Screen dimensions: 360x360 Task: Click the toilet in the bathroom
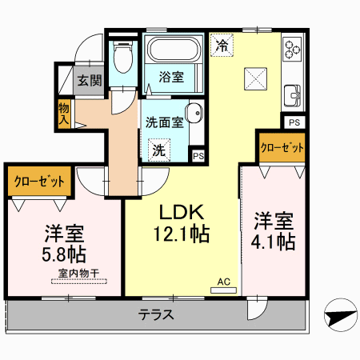(x=123, y=57)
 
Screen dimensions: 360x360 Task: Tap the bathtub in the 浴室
(x=174, y=49)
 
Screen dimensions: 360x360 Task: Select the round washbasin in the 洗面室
(x=194, y=113)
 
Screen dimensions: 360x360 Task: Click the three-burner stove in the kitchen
(x=292, y=50)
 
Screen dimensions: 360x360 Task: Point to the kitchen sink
(x=292, y=96)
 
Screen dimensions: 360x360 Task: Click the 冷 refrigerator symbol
(x=222, y=45)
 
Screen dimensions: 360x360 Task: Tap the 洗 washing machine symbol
(x=159, y=150)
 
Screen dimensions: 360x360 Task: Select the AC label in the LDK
(x=224, y=282)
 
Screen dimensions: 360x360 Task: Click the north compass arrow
(x=341, y=314)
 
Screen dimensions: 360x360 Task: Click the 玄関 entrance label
(x=90, y=80)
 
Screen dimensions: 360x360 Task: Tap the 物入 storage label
(x=64, y=114)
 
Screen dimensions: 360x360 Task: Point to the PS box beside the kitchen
(x=294, y=122)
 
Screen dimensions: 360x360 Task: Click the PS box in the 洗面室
(x=198, y=156)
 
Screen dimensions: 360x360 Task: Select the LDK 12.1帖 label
(x=182, y=223)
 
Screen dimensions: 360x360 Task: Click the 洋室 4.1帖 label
(x=274, y=231)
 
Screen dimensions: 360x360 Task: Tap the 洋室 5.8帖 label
(x=64, y=244)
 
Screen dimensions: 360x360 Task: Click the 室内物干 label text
(x=79, y=273)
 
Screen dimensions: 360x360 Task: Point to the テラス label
(x=156, y=314)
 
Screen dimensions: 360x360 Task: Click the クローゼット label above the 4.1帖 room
(x=282, y=147)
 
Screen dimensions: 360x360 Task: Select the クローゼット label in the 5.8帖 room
(x=39, y=181)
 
